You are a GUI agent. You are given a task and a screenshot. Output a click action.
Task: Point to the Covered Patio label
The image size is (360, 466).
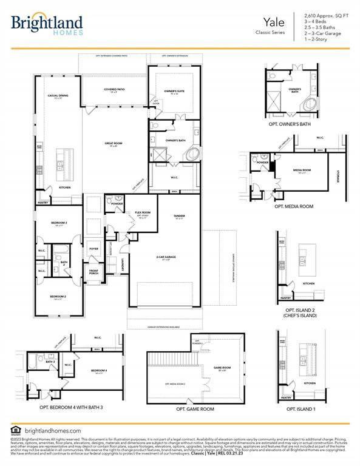tap(114, 90)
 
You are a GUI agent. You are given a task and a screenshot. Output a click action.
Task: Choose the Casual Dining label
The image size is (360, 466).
tap(58, 96)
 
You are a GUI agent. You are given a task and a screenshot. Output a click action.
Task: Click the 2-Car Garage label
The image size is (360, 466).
tap(166, 258)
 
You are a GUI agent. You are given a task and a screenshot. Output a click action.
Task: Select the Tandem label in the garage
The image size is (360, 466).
tap(179, 217)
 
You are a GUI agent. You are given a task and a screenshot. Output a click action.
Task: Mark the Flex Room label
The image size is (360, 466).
tap(142, 213)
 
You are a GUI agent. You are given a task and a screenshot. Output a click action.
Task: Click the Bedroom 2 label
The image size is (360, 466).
tap(58, 297)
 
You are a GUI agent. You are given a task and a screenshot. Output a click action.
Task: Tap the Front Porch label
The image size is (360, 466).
tap(94, 272)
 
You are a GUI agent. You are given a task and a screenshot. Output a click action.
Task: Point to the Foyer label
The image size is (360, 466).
tap(94, 249)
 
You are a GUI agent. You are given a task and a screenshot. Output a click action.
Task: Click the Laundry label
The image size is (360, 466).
tap(123, 264)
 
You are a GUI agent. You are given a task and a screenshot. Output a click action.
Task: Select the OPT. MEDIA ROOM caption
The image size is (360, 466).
tap(294, 207)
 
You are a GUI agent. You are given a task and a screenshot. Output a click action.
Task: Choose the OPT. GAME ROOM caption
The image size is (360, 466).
tap(195, 409)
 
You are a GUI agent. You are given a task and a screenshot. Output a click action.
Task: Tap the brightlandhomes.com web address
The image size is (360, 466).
tap(52, 430)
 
